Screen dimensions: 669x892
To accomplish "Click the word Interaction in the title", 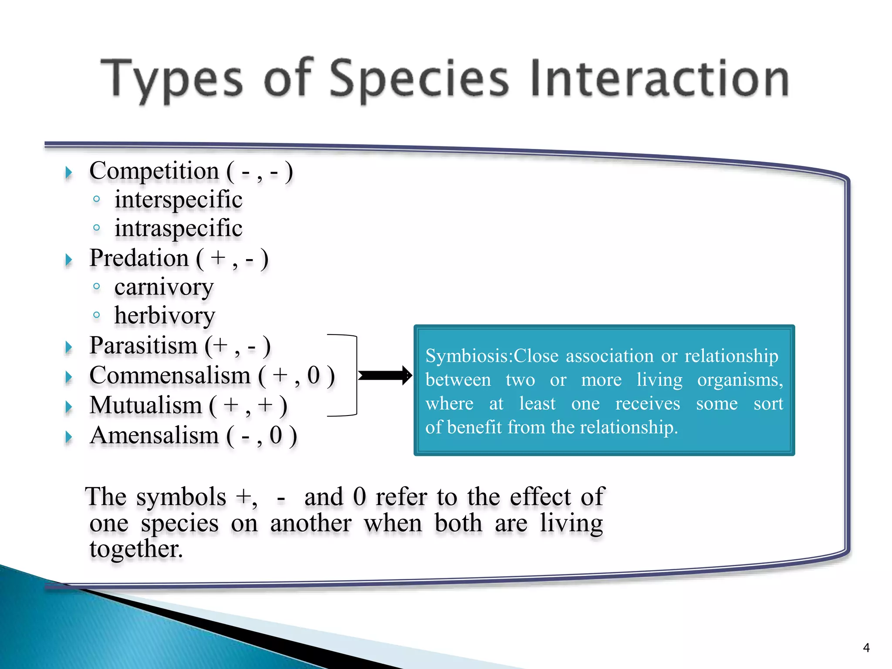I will (659, 78).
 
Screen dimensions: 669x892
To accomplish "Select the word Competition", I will (154, 171).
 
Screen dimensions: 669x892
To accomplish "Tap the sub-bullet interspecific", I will (178, 200).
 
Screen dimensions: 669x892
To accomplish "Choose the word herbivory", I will (165, 316).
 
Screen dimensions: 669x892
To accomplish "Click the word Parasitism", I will (143, 346).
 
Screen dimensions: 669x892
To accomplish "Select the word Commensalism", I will (170, 375).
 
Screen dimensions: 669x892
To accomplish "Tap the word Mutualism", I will (145, 405).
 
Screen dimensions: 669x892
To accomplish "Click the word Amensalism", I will (154, 436).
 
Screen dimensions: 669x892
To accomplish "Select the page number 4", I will (866, 648).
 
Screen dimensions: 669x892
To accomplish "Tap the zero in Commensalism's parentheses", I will (313, 375).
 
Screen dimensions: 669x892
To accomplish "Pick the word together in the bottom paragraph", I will (135, 549).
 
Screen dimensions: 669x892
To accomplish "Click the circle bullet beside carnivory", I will (97, 286).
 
